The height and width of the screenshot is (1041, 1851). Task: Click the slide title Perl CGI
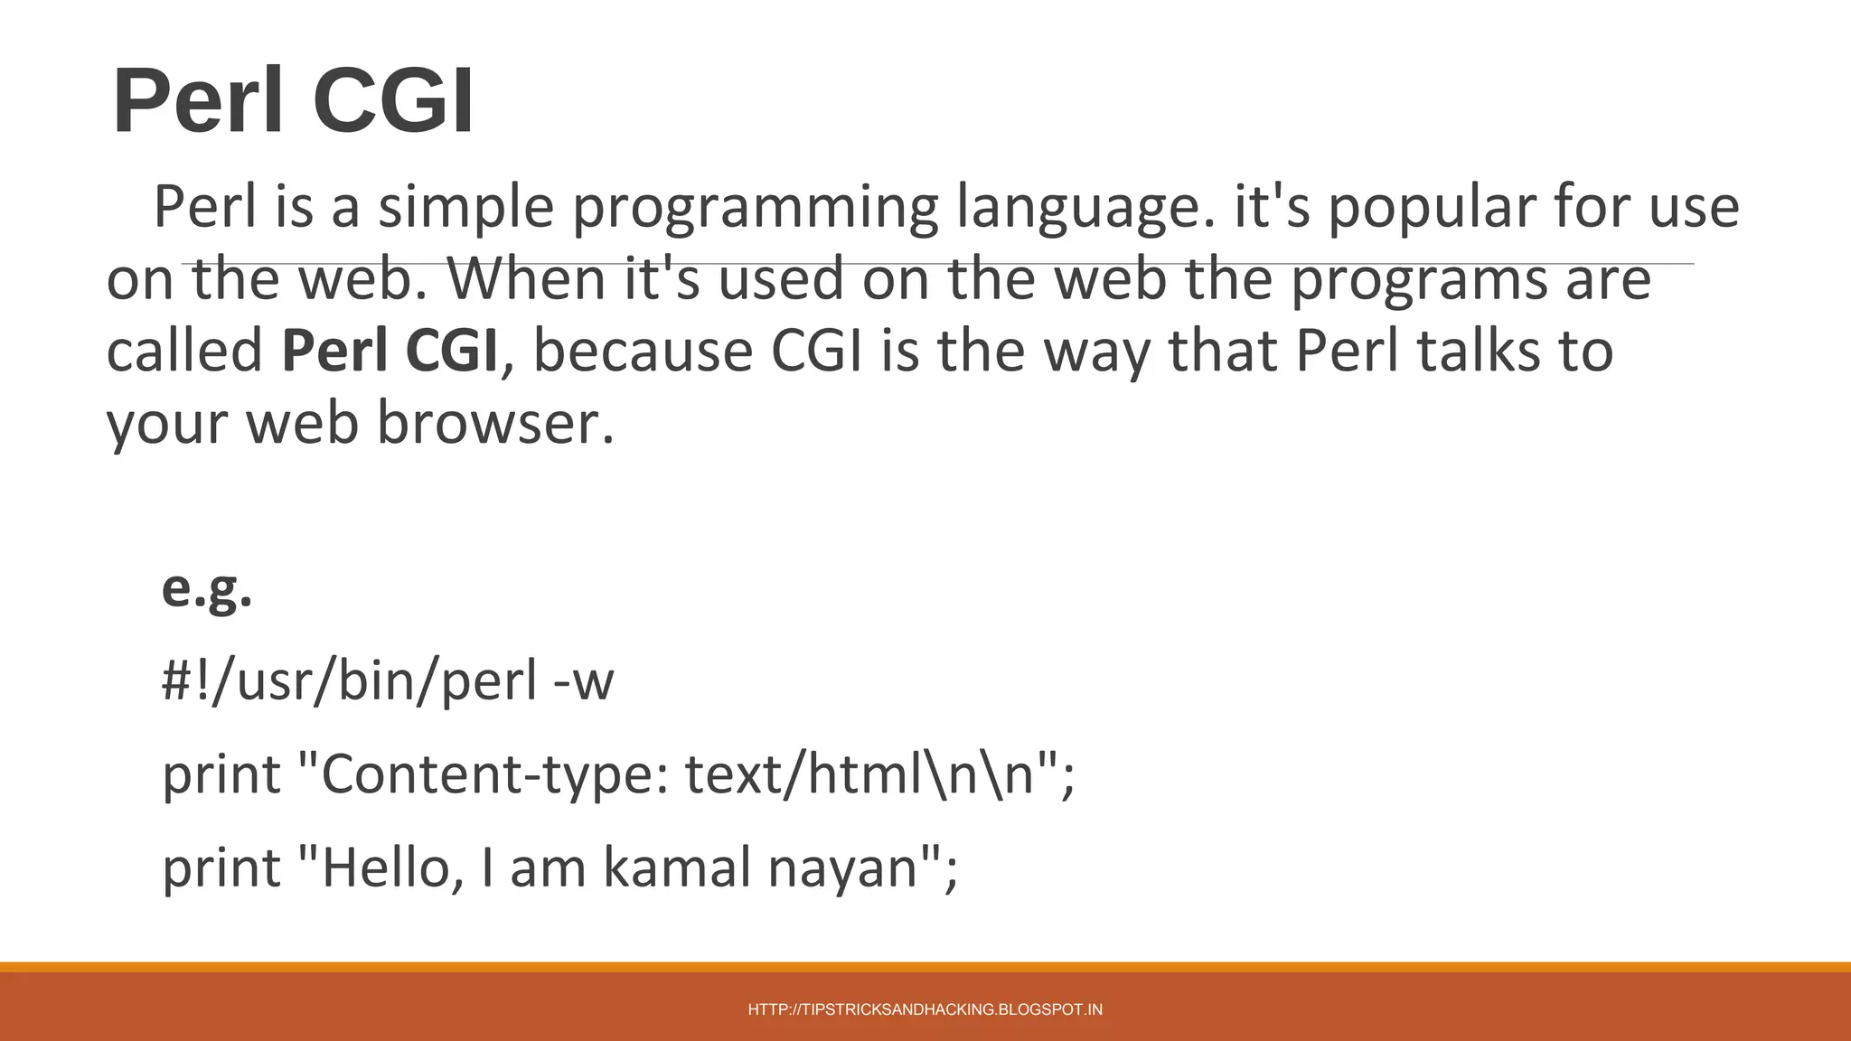[293, 101]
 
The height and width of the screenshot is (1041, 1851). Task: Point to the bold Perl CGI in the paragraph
[390, 351]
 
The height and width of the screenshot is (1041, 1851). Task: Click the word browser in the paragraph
[487, 423]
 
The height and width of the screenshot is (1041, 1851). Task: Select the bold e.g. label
[207, 589]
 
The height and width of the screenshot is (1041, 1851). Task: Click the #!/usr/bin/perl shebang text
[349, 681]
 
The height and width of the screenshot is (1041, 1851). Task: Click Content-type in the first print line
[493, 775]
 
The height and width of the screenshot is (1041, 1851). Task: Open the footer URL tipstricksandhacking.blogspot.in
[925, 1009]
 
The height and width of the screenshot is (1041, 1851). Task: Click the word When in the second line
[527, 279]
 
